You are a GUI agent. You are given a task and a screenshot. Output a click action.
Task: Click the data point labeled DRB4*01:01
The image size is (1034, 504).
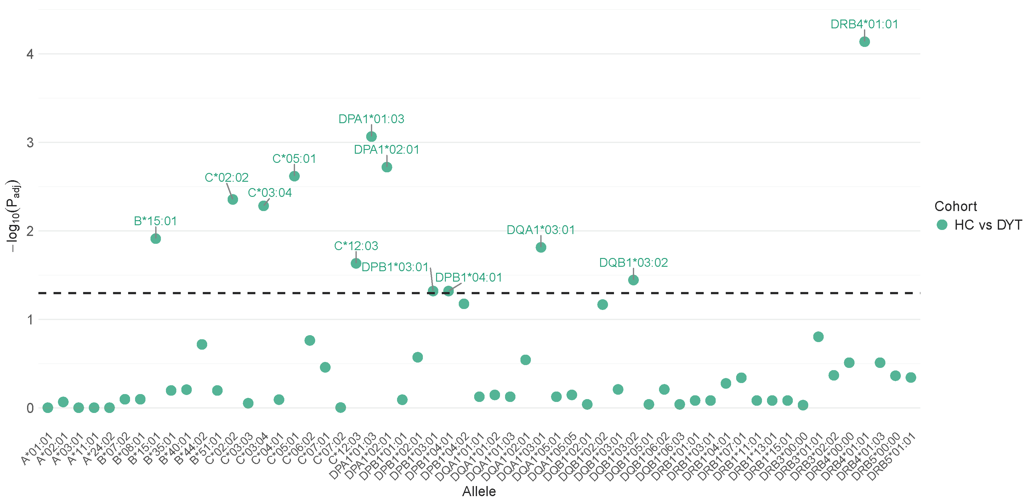[864, 42]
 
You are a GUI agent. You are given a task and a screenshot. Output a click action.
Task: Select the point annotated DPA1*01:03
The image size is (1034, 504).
[371, 136]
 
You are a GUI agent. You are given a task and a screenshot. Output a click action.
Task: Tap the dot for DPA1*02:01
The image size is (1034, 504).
[387, 167]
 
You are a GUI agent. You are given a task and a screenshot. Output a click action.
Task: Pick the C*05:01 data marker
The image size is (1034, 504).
[294, 176]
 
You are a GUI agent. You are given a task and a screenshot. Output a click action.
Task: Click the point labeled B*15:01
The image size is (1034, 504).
[156, 238]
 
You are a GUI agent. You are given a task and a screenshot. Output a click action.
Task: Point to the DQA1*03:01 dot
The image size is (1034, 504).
[541, 247]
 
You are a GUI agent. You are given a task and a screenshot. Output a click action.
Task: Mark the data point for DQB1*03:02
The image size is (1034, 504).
[633, 280]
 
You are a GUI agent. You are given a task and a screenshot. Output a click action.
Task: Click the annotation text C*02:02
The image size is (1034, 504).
[226, 178]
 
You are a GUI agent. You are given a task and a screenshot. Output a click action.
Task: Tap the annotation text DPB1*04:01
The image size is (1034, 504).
[469, 278]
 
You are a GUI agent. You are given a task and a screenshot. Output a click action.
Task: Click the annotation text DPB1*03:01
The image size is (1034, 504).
[395, 267]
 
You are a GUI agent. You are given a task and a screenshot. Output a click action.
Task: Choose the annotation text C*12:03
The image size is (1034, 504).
[356, 246]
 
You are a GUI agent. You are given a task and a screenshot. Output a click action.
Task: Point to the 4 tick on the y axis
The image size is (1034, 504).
[30, 54]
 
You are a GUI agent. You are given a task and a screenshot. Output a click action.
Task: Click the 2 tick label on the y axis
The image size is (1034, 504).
[30, 231]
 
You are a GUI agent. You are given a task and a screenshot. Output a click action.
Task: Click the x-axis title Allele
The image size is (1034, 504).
[479, 491]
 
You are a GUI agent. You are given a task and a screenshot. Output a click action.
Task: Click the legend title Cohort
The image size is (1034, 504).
[955, 206]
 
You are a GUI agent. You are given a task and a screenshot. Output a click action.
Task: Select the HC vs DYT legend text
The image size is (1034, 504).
[988, 225]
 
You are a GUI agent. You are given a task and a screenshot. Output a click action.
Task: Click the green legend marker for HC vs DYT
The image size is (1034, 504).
[942, 225]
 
